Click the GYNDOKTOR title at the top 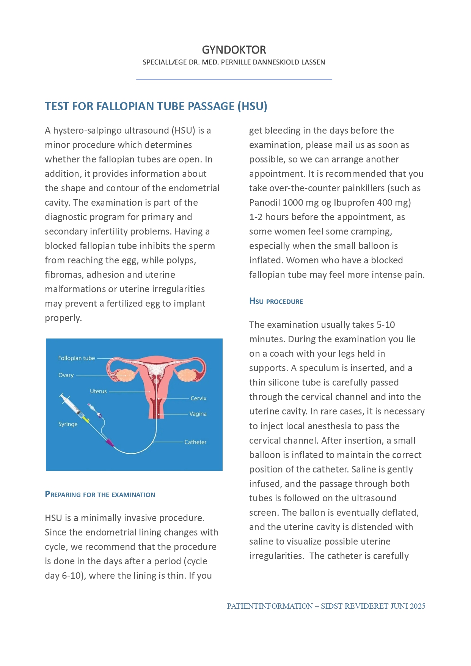point(234,50)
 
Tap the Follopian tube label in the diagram point(76,358)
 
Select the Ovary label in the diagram point(66,375)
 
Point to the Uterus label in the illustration point(98,391)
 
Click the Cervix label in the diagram point(198,398)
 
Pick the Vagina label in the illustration point(198,414)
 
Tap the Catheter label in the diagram point(195,442)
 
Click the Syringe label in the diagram point(68,424)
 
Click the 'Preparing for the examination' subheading point(100,494)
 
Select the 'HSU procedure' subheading point(276,302)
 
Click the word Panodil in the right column point(264,203)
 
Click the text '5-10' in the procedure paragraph point(385,325)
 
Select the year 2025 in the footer point(417,606)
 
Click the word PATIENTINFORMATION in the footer point(270,606)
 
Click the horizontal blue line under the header point(234,79)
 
